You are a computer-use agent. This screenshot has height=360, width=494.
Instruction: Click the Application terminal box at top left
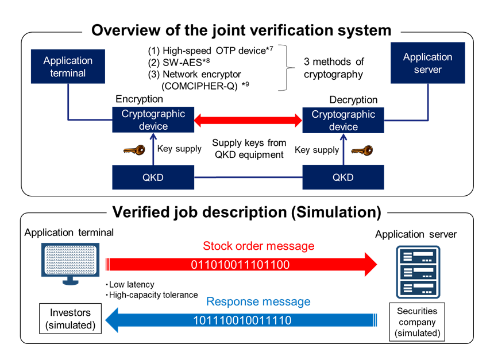click(68, 67)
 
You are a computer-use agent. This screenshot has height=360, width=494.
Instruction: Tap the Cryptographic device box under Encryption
click(153, 120)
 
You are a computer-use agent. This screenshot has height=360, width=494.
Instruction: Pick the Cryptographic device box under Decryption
click(343, 120)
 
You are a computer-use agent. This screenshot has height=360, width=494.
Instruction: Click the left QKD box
click(153, 177)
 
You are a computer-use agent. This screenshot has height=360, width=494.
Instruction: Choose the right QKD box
click(343, 177)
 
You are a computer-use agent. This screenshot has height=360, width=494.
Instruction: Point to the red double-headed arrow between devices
click(248, 121)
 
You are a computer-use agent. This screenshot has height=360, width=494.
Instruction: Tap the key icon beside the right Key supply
click(362, 150)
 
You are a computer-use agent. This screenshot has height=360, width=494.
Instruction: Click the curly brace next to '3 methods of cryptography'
click(283, 68)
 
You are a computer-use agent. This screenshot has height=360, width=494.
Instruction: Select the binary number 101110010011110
click(241, 320)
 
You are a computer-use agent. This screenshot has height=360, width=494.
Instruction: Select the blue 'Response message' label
click(258, 301)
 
